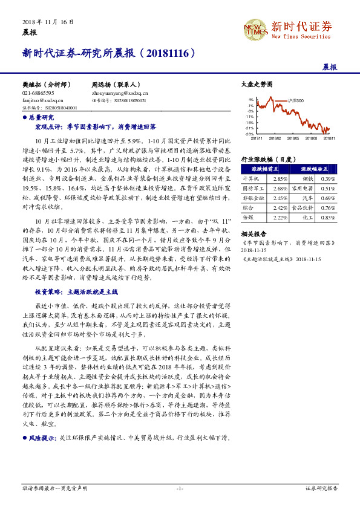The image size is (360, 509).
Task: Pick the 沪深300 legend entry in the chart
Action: (x=296, y=100)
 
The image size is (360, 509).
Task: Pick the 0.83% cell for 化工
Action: (x=328, y=217)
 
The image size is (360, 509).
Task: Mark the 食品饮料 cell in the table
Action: (x=304, y=207)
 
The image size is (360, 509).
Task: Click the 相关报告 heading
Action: (x=253, y=233)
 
